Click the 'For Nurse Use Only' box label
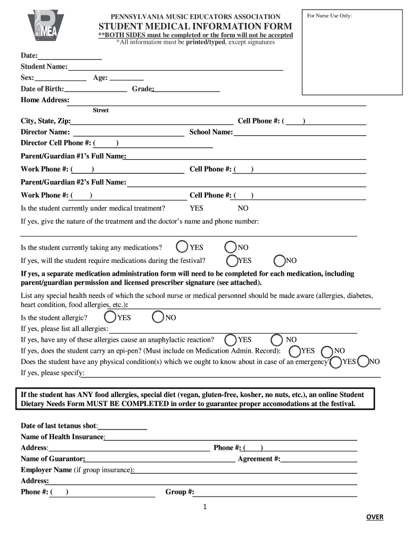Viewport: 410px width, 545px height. (x=329, y=16)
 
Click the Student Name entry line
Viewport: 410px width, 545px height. (x=175, y=67)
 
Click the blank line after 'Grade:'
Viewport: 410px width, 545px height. (x=187, y=89)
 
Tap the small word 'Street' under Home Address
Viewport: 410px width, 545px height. (x=101, y=110)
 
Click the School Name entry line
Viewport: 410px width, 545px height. (x=300, y=132)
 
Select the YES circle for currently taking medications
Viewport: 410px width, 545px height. (x=182, y=247)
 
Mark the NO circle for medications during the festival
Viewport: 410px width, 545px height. (x=280, y=260)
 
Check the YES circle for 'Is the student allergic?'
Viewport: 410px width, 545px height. (x=110, y=317)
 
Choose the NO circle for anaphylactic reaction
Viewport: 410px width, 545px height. (x=277, y=340)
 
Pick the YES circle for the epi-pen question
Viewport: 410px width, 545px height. (x=294, y=351)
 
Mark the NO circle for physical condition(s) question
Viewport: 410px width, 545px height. (x=363, y=361)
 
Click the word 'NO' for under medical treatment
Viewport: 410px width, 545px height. (x=243, y=208)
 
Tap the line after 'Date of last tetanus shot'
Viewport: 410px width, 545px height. (x=123, y=426)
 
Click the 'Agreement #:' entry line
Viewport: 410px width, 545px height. (x=319, y=459)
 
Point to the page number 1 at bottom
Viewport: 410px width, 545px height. (x=205, y=506)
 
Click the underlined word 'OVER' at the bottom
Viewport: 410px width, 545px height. (x=374, y=517)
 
